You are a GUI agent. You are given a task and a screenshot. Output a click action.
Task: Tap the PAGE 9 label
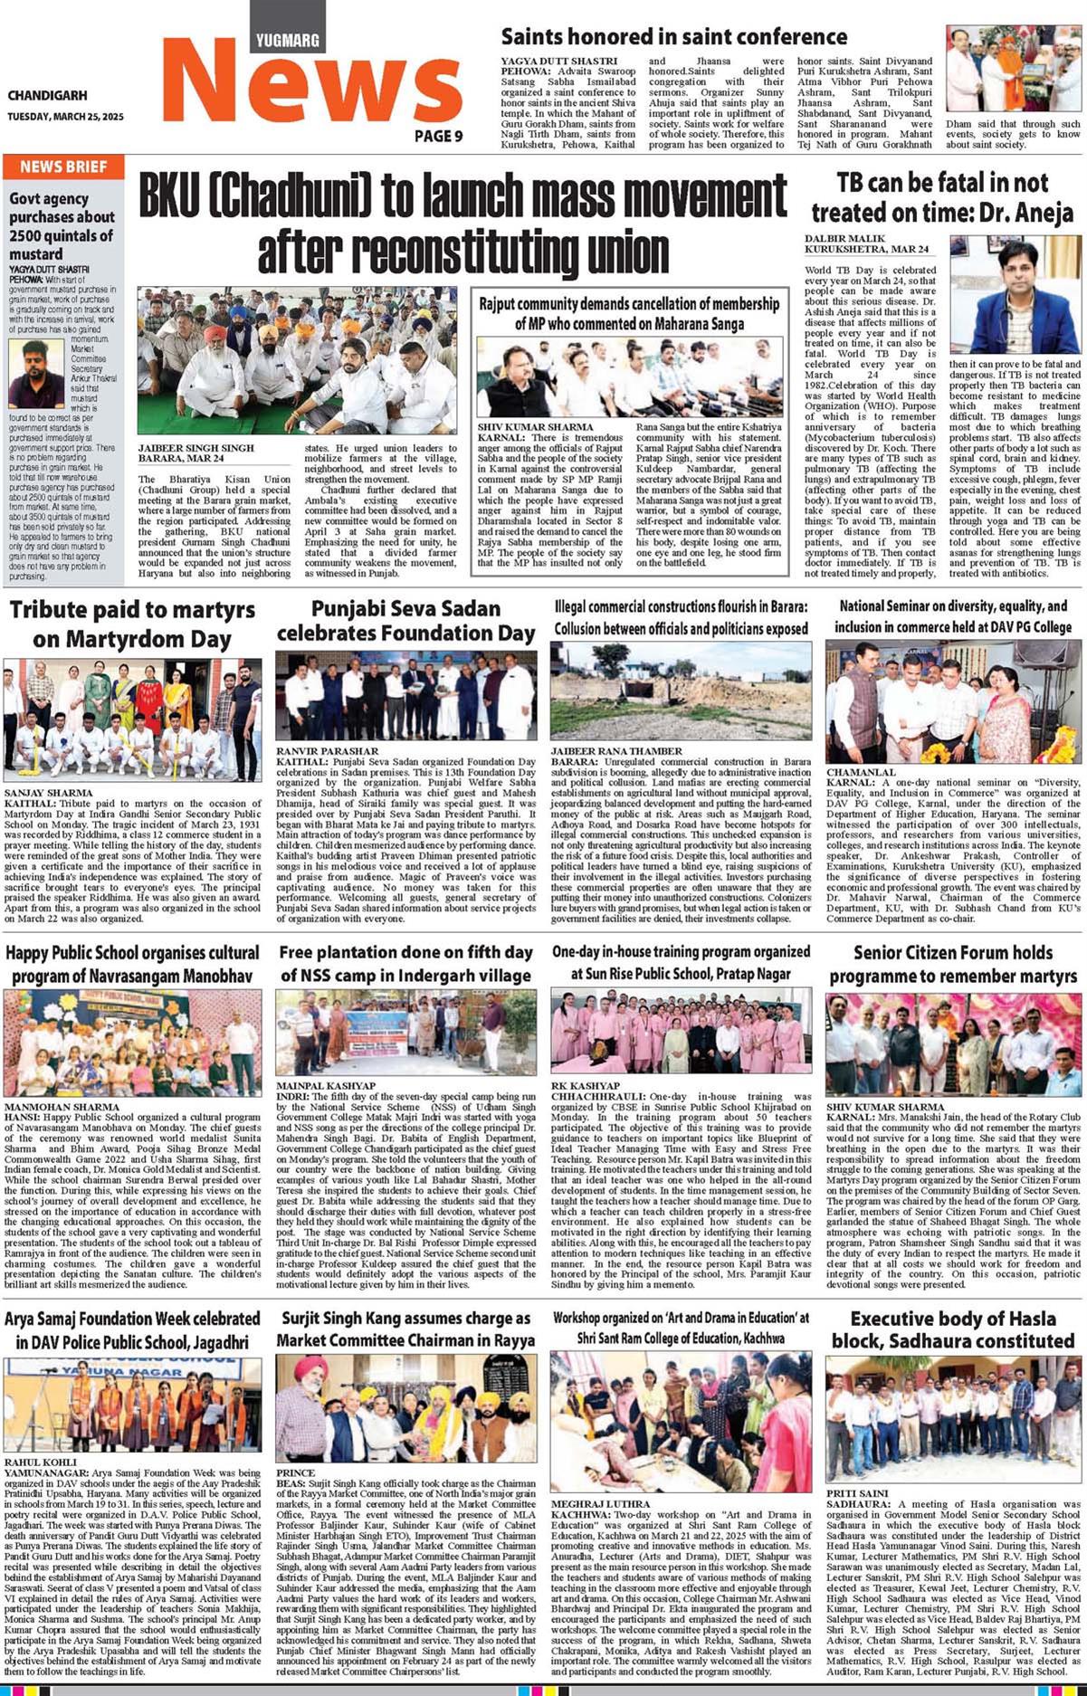[x=439, y=136]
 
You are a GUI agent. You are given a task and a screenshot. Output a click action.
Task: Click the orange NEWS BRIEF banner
[x=63, y=167]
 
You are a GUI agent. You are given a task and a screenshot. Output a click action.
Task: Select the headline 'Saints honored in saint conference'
[x=674, y=37]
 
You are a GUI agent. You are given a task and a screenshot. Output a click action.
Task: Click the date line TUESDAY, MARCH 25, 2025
[x=65, y=117]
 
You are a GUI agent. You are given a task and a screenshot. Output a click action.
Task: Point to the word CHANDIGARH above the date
[x=47, y=95]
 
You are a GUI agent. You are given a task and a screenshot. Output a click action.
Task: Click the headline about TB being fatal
[x=942, y=197]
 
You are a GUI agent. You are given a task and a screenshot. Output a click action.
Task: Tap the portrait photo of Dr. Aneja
[x=1015, y=296]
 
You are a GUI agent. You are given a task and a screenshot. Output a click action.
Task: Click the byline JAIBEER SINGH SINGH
[x=196, y=448]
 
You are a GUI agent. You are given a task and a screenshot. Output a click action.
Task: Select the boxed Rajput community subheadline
[x=629, y=313]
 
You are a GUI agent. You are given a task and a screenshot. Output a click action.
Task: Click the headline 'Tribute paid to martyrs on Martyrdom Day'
[x=132, y=624]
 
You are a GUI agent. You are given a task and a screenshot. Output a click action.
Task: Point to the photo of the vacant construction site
[x=681, y=691]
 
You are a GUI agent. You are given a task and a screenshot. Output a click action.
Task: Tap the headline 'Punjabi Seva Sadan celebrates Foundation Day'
[x=405, y=621]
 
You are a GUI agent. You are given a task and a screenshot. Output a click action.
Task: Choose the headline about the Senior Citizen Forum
[x=953, y=964]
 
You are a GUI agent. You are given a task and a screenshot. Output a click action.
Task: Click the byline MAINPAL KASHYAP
[x=326, y=1085]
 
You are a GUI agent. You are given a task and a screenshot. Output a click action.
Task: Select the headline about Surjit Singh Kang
[x=405, y=1329]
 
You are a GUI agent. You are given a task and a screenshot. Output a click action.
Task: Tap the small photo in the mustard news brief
[x=37, y=374]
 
